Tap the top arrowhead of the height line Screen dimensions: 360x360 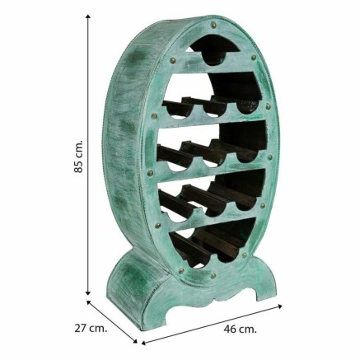coord(88,18)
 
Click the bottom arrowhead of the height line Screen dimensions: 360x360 coord(88,292)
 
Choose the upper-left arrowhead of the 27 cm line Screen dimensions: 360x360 coord(89,302)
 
